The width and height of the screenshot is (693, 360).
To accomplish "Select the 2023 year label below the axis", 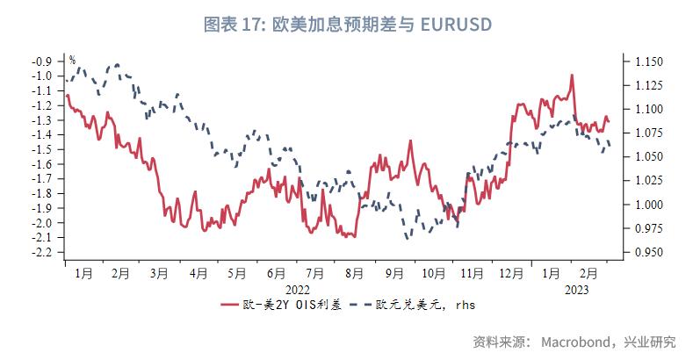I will pos(576,288).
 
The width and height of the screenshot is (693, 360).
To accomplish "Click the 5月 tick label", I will pos(235,274).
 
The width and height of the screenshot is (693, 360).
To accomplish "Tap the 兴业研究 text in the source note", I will pos(651,341).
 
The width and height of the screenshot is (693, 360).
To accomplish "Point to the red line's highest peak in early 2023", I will pos(572,76).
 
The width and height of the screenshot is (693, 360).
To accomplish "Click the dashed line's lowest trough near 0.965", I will pos(408,238).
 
